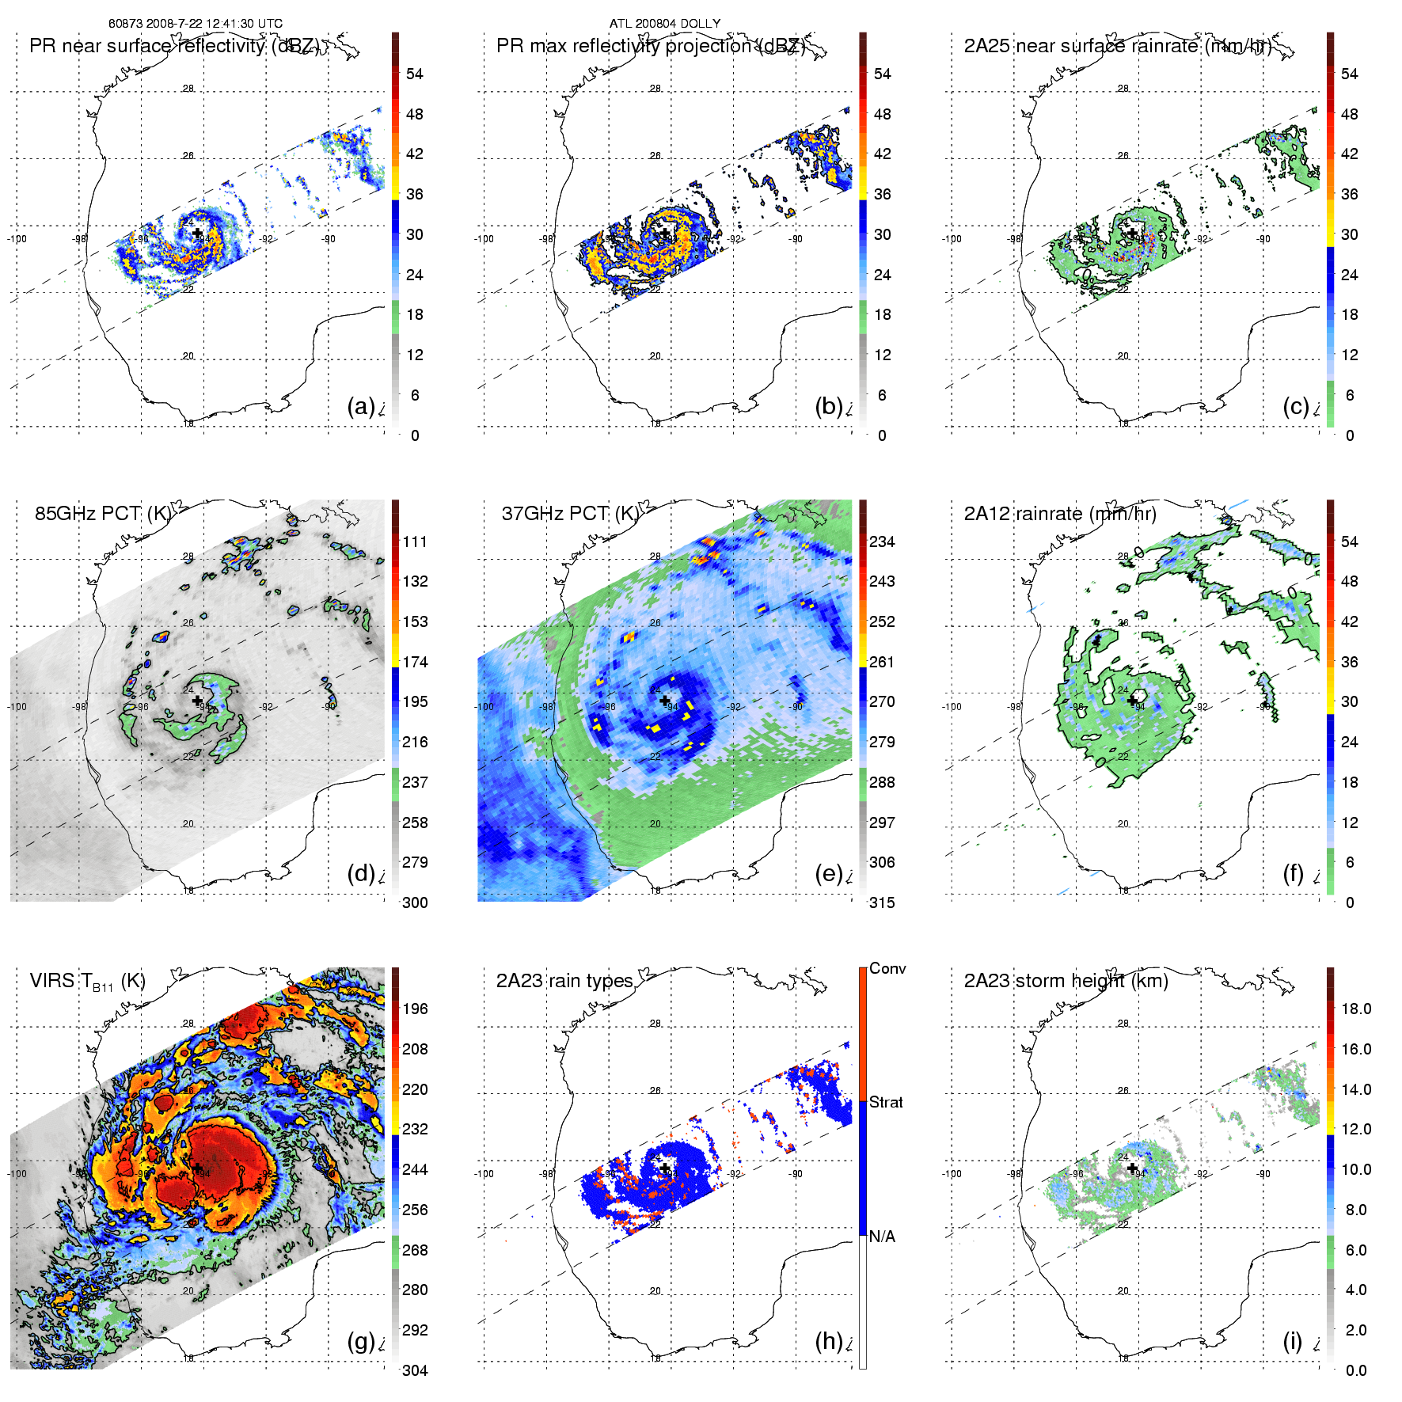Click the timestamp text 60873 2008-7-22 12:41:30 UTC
click(x=195, y=24)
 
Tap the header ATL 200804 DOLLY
click(x=665, y=24)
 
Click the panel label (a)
click(x=360, y=406)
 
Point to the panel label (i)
click(x=1292, y=1341)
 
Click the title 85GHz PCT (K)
click(x=103, y=514)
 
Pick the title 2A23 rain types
click(x=564, y=981)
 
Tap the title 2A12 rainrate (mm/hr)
click(x=1060, y=514)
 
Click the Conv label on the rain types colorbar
click(x=887, y=968)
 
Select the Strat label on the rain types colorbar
click(x=886, y=1102)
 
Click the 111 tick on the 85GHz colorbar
click(x=415, y=541)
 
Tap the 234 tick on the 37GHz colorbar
click(x=882, y=541)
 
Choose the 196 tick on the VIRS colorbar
click(x=415, y=1009)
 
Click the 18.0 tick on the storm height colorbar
click(x=1356, y=1009)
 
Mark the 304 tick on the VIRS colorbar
click(x=415, y=1370)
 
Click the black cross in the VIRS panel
click(x=197, y=1168)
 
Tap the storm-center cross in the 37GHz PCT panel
click(x=665, y=701)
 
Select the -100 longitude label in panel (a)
click(x=17, y=239)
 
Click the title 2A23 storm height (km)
click(x=1066, y=981)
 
